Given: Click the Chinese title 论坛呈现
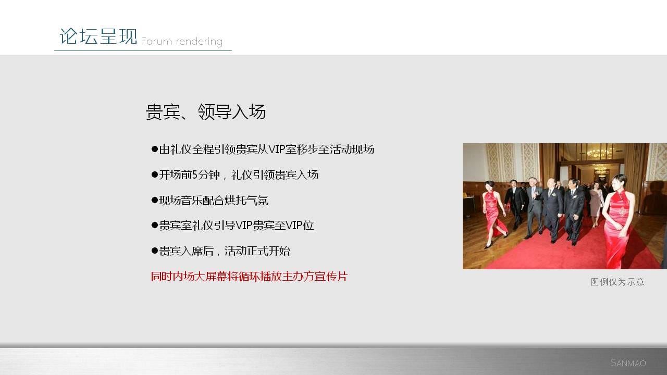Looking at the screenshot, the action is pyautogui.click(x=98, y=36).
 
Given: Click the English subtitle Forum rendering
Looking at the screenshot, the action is pyautogui.click(x=182, y=41).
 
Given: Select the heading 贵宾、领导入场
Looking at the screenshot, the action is pyautogui.click(x=205, y=112).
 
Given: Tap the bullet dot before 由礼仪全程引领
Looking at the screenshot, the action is pyautogui.click(x=155, y=149).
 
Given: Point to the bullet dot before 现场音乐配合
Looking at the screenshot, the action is pyautogui.click(x=155, y=200).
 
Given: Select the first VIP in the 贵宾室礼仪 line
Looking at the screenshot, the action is pyautogui.click(x=244, y=226).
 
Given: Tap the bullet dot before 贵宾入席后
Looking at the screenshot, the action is pyautogui.click(x=155, y=251).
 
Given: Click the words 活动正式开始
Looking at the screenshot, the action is pyautogui.click(x=257, y=251).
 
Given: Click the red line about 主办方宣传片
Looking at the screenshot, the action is pyautogui.click(x=249, y=277).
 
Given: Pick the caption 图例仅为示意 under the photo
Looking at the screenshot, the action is pyautogui.click(x=617, y=282).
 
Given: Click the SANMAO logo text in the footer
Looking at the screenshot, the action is pyautogui.click(x=628, y=363).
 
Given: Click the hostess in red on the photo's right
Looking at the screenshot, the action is pyautogui.click(x=618, y=222).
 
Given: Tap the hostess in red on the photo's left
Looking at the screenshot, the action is pyautogui.click(x=493, y=213).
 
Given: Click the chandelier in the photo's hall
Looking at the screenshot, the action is pyautogui.click(x=600, y=153).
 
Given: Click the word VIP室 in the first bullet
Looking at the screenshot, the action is pyautogui.click(x=282, y=149).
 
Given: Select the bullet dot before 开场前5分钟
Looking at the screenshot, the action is pyautogui.click(x=155, y=174).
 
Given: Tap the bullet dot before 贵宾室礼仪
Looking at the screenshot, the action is pyautogui.click(x=155, y=226).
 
